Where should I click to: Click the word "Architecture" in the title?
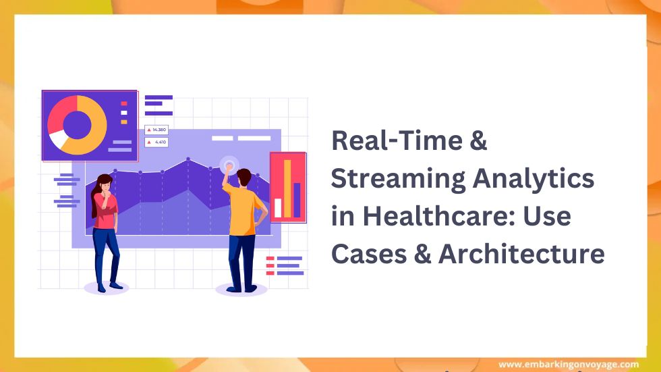(521, 255)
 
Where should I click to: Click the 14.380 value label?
(158, 130)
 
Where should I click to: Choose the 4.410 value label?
(158, 142)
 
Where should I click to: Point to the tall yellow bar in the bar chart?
(287, 188)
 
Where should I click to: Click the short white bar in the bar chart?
(277, 207)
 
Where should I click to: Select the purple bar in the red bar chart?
(297, 200)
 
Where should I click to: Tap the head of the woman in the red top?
(105, 182)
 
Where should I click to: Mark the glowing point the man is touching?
(229, 164)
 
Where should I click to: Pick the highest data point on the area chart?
(188, 159)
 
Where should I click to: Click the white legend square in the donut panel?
(124, 113)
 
